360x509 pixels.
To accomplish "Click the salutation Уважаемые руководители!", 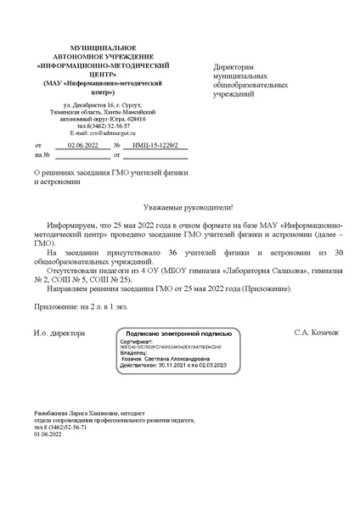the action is (180, 206).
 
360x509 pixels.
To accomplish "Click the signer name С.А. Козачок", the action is (317, 333).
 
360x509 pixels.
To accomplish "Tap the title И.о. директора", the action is (59, 333).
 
